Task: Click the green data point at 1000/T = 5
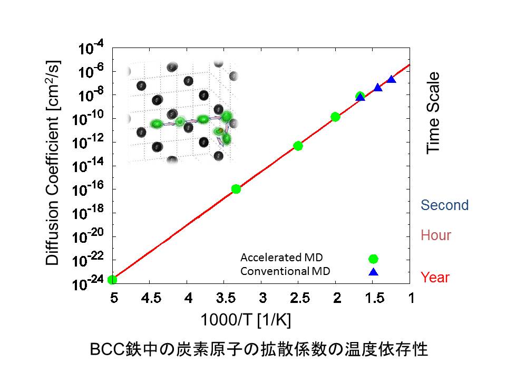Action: tap(112, 280)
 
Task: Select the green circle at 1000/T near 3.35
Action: tap(236, 189)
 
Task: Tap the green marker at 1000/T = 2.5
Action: tap(298, 146)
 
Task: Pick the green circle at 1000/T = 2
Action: tap(335, 117)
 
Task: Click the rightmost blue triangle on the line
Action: tap(391, 79)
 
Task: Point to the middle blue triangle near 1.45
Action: tap(378, 88)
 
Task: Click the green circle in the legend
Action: tap(373, 259)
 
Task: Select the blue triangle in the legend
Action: tap(373, 272)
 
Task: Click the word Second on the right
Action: tap(444, 205)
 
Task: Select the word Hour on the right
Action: tap(436, 235)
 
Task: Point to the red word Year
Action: tap(435, 277)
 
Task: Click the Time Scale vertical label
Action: tap(433, 113)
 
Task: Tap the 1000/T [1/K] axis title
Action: tap(246, 320)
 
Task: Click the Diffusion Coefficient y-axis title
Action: tap(53, 163)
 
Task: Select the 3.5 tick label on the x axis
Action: tap(225, 298)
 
